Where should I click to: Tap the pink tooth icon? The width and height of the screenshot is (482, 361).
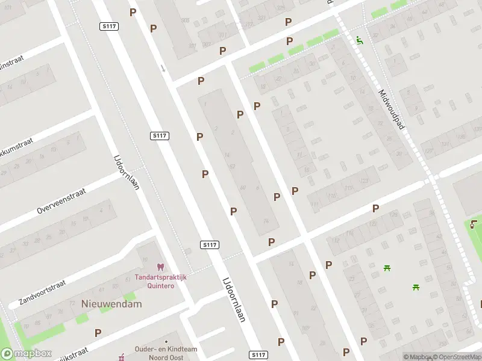point(160,267)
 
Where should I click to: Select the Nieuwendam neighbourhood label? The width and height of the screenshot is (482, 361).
point(111,304)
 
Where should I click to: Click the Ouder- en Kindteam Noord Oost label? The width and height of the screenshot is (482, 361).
point(165,353)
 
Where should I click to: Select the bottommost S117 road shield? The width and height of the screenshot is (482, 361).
point(258,355)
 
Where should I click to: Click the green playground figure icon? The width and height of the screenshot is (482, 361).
point(360,40)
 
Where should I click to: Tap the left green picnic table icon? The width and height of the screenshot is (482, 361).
point(387,268)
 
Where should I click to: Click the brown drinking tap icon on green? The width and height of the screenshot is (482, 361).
point(474,225)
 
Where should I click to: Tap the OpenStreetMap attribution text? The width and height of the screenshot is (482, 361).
point(456,357)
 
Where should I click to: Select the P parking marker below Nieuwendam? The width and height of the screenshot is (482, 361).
point(98,332)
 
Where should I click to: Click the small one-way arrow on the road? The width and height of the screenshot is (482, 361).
point(163,67)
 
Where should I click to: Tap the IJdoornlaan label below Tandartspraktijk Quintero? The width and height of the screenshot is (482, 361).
point(234,299)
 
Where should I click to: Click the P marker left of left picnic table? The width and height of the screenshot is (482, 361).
point(329,265)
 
